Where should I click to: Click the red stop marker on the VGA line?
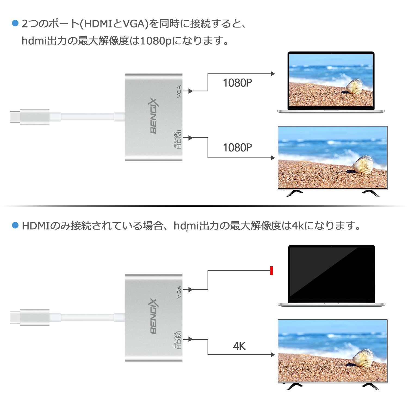(x=271, y=270)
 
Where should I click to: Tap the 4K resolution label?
(x=239, y=346)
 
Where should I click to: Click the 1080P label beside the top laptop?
(x=237, y=83)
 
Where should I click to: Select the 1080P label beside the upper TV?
(x=237, y=148)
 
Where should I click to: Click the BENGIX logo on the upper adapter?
(x=154, y=116)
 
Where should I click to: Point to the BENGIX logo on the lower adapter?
(x=154, y=316)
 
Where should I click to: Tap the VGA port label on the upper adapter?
(x=179, y=92)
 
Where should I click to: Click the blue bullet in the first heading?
(x=15, y=23)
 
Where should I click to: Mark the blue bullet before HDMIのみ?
(x=15, y=225)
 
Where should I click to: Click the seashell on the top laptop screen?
(x=354, y=86)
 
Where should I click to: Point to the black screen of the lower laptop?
(x=331, y=273)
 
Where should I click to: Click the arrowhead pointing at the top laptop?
(x=273, y=74)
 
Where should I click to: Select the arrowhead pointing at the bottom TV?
(x=273, y=354)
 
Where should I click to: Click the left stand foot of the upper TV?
(x=295, y=193)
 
